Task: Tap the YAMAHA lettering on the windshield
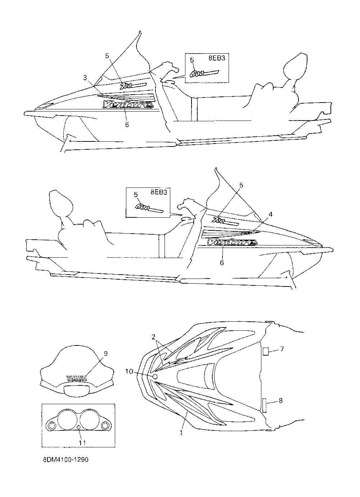(77, 378)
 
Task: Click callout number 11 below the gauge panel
(82, 443)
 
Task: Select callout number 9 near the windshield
(106, 354)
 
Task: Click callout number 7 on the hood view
(282, 349)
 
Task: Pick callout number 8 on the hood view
(281, 399)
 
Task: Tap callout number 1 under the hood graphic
(181, 433)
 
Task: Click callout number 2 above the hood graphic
(153, 337)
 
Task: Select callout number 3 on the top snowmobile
(85, 77)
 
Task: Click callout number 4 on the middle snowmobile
(270, 214)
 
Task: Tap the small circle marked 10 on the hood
(156, 376)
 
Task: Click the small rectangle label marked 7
(265, 352)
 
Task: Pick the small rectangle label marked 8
(264, 406)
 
